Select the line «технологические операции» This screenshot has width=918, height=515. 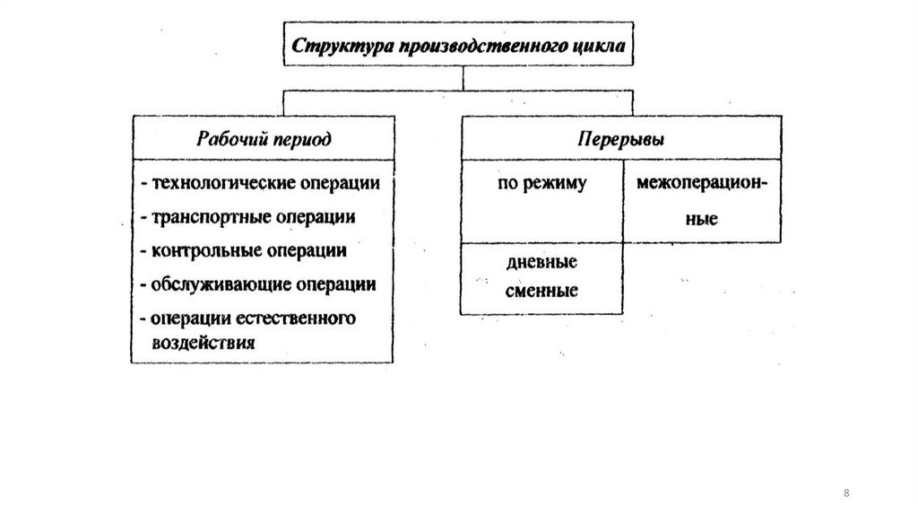point(260,184)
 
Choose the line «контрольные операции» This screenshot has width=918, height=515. point(243,250)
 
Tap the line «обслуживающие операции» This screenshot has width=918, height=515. point(257,284)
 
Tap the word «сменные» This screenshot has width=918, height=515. point(541,291)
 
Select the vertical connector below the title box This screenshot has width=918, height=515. point(463,78)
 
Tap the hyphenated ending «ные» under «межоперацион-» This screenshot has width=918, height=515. point(702,218)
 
